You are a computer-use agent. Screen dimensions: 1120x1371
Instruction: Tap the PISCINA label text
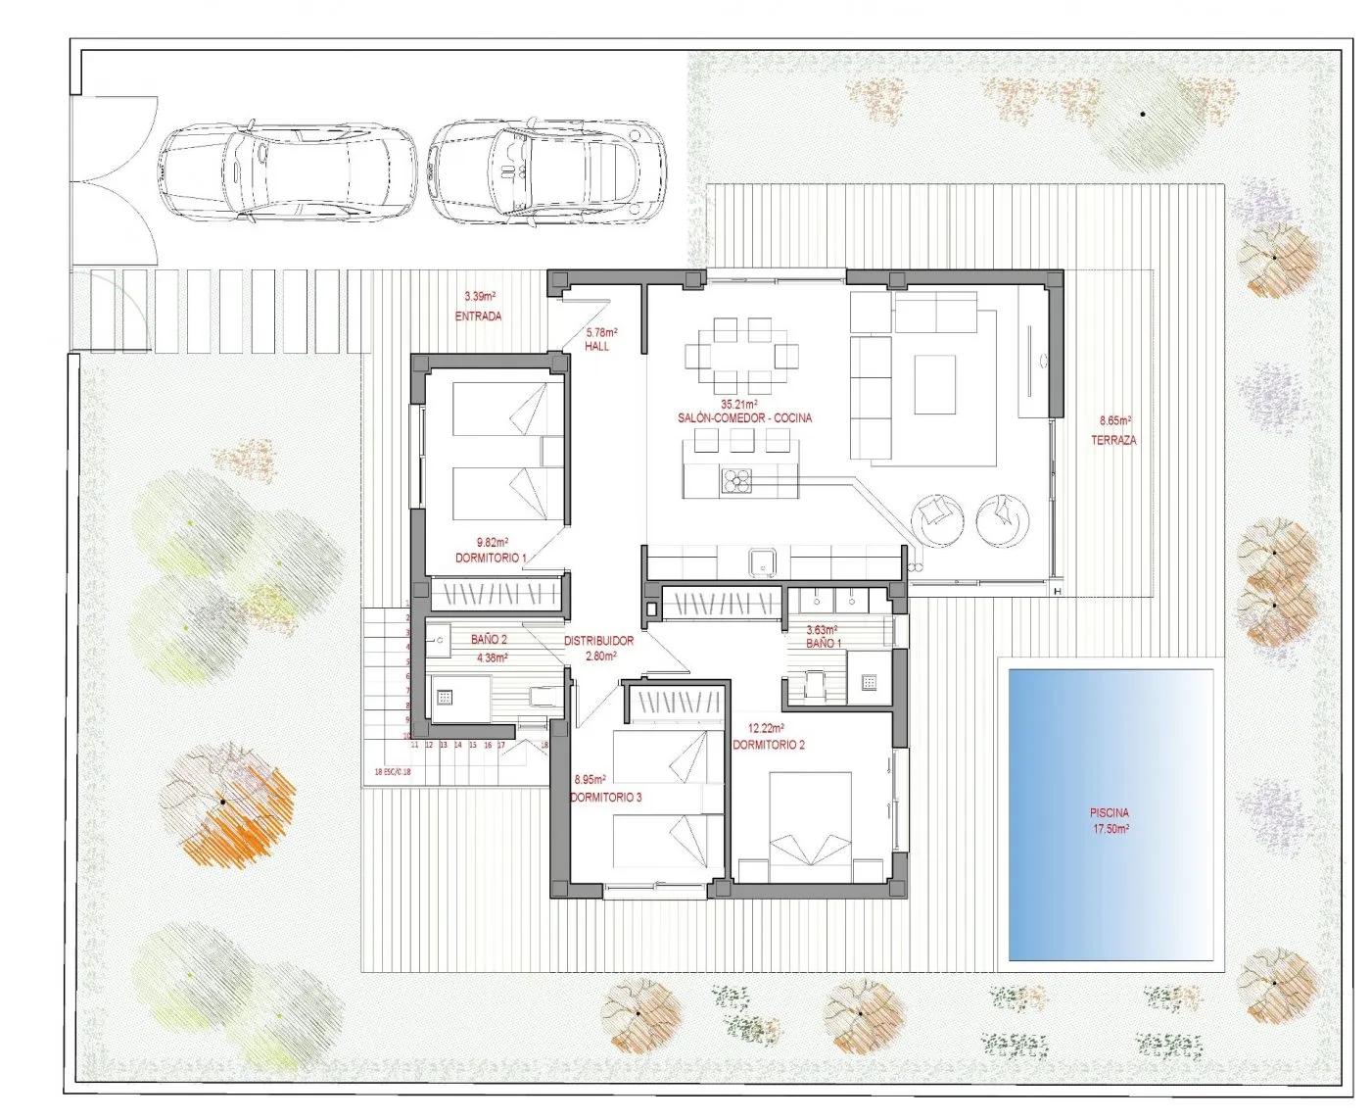[1110, 812]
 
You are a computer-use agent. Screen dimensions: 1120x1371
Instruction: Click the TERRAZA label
[1113, 441]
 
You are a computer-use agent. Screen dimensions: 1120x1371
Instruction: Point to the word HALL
[597, 348]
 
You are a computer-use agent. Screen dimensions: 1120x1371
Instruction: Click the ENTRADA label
[478, 317]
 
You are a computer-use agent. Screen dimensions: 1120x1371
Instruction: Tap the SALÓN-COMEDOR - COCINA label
[744, 418]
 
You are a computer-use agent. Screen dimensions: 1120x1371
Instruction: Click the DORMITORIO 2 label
[769, 745]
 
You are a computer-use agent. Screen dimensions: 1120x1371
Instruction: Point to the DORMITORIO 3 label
[606, 798]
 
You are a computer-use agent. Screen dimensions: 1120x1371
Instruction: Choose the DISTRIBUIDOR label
[599, 641]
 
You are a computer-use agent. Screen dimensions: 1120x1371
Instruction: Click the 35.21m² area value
[740, 404]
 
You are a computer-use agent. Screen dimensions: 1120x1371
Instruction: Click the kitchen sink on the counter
[763, 562]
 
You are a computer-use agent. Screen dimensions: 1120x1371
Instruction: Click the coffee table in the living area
[935, 384]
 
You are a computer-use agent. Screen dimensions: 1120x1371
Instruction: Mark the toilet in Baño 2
[542, 698]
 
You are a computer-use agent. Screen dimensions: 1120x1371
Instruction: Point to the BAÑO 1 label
[824, 644]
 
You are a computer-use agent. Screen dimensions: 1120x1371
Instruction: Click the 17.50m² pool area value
[1110, 828]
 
